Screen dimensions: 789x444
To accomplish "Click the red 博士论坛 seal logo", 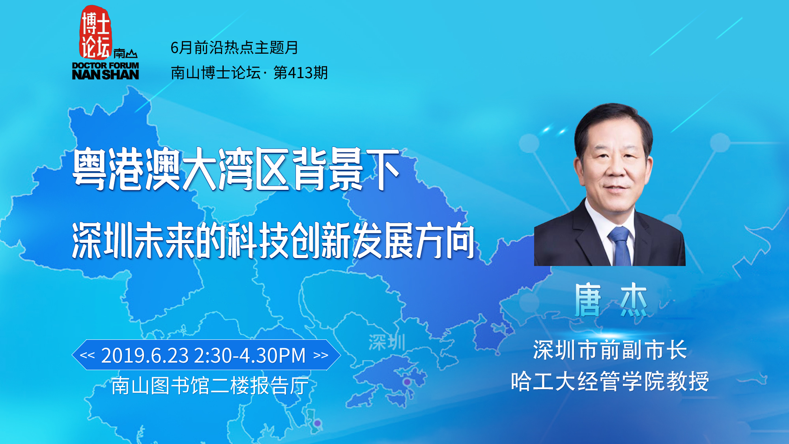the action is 95,32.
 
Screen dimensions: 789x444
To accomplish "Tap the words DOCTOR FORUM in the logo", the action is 105,66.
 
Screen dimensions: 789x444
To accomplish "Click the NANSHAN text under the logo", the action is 105,75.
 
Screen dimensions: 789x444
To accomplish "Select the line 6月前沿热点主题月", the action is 234,48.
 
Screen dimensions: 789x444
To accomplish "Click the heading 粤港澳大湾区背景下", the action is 236,169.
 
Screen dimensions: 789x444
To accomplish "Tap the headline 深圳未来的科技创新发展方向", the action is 273,240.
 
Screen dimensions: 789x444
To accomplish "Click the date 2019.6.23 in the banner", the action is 145,355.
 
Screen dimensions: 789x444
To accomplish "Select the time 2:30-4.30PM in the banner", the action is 250,355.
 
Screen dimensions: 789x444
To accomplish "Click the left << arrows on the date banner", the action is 87,355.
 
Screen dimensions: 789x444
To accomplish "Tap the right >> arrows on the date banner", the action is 321,355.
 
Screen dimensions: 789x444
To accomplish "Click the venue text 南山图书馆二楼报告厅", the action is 210,386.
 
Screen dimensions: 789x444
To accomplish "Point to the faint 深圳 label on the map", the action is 387,342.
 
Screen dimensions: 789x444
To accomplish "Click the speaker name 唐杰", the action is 611,300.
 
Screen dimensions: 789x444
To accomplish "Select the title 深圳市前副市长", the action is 610,350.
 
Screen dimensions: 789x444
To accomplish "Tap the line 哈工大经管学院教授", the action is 610,381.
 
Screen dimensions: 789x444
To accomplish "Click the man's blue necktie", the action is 621,246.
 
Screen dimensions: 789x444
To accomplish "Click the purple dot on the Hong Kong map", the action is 407,382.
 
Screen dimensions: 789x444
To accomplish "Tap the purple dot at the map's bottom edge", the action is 318,423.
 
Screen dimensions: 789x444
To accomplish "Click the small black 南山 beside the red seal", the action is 125,53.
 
